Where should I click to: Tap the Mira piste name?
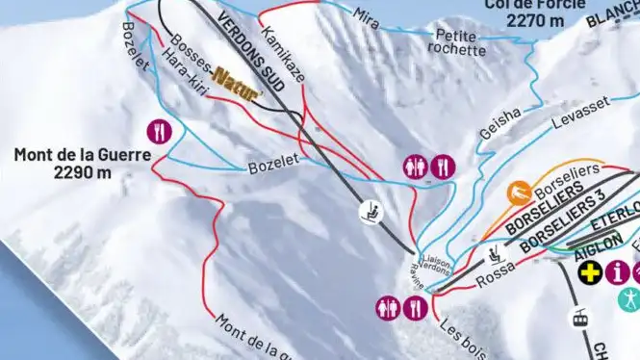[366, 15]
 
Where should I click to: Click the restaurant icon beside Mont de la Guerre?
[159, 131]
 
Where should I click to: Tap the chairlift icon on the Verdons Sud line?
[369, 210]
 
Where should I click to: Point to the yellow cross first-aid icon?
[587, 272]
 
